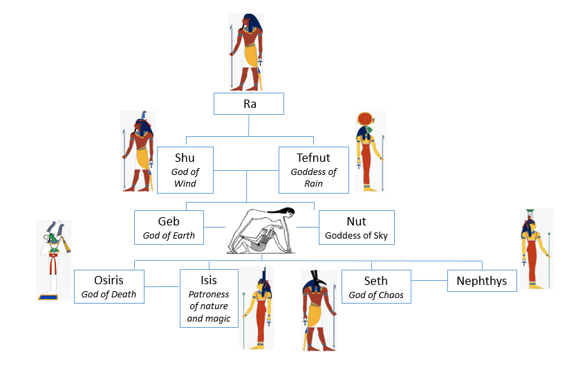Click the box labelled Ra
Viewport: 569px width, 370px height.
pyautogui.click(x=248, y=104)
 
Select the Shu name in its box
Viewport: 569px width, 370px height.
pyautogui.click(x=185, y=158)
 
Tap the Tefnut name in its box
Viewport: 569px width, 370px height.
pyautogui.click(x=313, y=158)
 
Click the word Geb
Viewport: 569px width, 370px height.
pyautogui.click(x=169, y=221)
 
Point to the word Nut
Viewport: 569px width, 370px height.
pyautogui.click(x=356, y=221)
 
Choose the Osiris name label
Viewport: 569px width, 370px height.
pyautogui.click(x=109, y=280)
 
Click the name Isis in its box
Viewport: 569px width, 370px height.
pyautogui.click(x=208, y=280)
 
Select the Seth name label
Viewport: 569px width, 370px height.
pyautogui.click(x=375, y=280)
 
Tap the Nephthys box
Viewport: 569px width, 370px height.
pyautogui.click(x=482, y=281)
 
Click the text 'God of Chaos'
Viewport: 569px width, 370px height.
pyautogui.click(x=375, y=295)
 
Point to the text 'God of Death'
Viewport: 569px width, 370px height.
pyautogui.click(x=109, y=295)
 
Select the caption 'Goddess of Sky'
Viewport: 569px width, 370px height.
pyautogui.click(x=356, y=236)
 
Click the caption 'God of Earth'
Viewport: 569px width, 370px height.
pyautogui.click(x=169, y=236)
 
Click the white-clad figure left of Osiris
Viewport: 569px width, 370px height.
pyautogui.click(x=55, y=259)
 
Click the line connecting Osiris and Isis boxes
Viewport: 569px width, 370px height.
pyautogui.click(x=162, y=286)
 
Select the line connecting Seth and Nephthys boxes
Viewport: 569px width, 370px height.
pyautogui.click(x=429, y=280)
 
